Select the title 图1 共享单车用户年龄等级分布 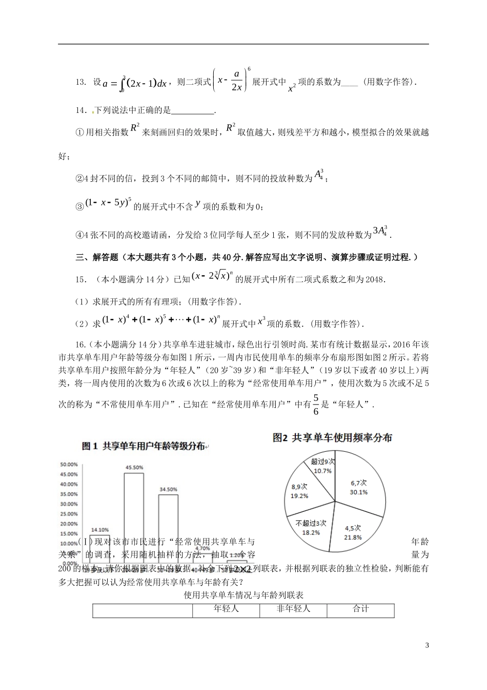144,446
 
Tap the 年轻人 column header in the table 226,609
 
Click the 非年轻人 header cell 293,609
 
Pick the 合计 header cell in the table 360,609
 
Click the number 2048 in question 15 374,279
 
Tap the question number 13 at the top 80,82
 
